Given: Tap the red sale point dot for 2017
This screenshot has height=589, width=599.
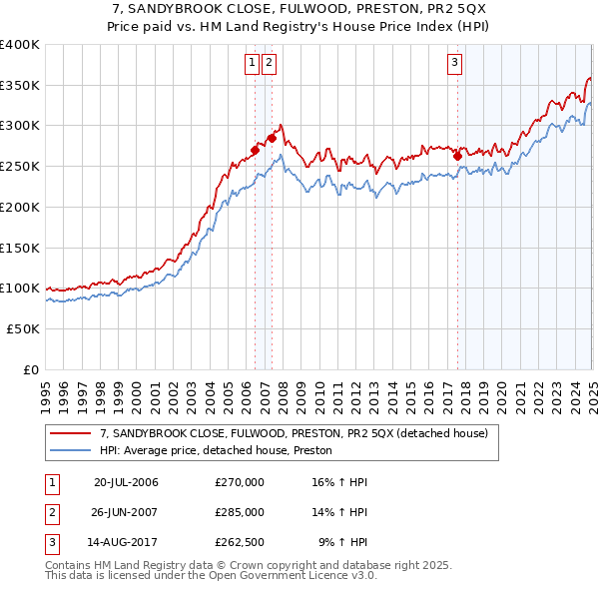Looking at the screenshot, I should (x=457, y=155).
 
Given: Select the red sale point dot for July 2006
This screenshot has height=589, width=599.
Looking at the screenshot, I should (x=255, y=151).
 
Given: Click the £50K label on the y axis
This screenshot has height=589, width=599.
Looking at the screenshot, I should (x=23, y=328).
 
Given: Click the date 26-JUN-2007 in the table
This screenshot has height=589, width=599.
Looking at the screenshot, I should (x=126, y=512).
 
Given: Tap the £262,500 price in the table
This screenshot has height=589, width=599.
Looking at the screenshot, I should (x=240, y=544).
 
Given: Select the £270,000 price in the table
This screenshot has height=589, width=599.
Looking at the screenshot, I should (x=240, y=482).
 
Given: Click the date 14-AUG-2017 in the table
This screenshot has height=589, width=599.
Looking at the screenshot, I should (x=126, y=544).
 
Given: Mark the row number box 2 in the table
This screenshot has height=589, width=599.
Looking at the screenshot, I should (x=49, y=512).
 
